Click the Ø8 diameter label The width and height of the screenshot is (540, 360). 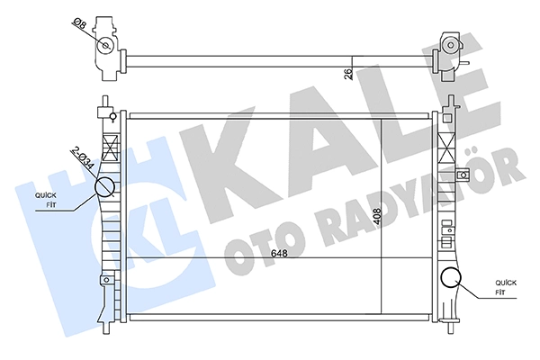(x=79, y=24)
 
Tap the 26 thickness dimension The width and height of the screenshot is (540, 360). (x=348, y=74)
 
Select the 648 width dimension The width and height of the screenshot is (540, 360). (x=279, y=254)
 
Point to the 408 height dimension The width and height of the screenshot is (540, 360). (x=377, y=217)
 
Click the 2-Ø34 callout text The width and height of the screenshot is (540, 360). (x=83, y=157)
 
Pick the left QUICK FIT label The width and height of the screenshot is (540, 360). (x=46, y=200)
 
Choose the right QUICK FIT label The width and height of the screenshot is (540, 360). (x=506, y=288)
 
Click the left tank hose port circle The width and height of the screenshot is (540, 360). (x=104, y=186)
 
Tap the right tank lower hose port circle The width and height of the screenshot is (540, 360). (x=451, y=278)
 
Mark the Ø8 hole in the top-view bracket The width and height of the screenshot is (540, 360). (x=105, y=46)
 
